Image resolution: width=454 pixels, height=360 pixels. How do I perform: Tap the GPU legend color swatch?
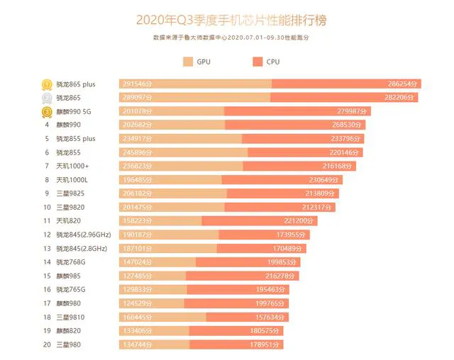coord(188,62)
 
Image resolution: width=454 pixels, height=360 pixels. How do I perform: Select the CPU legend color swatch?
coord(257,62)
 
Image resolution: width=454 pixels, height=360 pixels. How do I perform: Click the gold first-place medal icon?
coord(46,84)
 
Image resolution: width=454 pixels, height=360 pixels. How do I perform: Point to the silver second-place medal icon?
coord(46,97)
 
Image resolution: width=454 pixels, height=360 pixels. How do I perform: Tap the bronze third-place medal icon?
coord(46,111)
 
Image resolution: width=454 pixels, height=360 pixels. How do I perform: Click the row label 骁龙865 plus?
coord(76,84)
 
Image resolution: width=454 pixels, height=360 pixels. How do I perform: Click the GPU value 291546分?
coord(138,84)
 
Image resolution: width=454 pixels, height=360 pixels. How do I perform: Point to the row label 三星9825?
coord(70,193)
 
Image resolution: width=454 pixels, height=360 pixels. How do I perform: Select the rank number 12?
coord(47,234)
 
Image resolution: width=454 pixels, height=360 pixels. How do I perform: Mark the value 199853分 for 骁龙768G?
coord(283,261)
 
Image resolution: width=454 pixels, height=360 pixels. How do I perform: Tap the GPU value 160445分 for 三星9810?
coord(138,317)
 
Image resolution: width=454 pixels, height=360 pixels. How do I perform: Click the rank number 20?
coord(47,344)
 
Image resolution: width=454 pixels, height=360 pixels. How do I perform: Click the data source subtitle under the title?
coord(231,38)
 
